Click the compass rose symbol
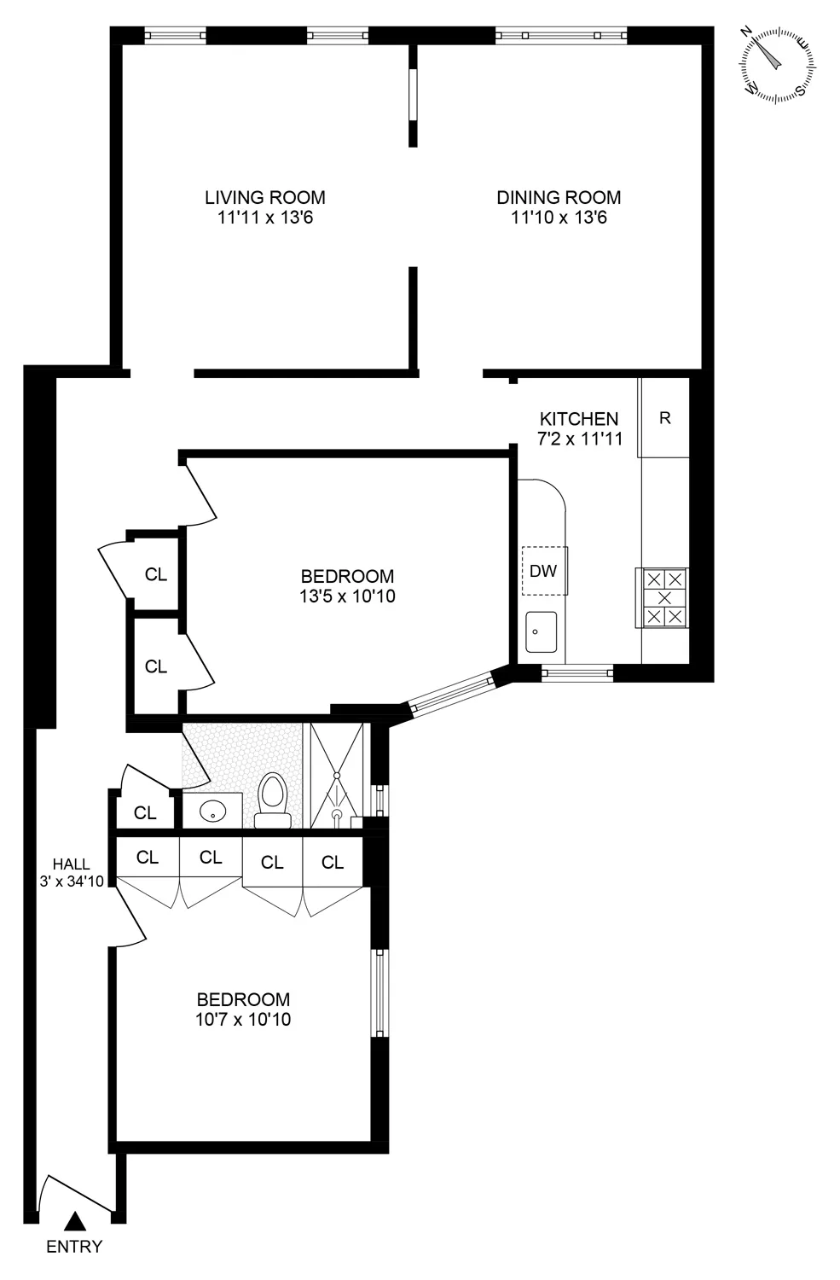[x=777, y=64]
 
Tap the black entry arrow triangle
[x=75, y=1222]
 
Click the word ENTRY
[x=74, y=1247]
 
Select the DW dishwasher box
[x=544, y=571]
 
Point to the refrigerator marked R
[x=665, y=418]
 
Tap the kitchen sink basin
[x=541, y=632]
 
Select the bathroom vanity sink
[x=211, y=812]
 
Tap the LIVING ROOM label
[x=264, y=197]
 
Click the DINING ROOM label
[x=559, y=197]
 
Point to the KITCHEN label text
[x=579, y=419]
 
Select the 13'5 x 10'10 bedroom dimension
[x=347, y=596]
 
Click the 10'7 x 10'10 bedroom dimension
[x=243, y=1019]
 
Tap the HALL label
[x=71, y=864]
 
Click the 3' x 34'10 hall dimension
[x=72, y=881]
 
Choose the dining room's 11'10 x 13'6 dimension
[x=559, y=218]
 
